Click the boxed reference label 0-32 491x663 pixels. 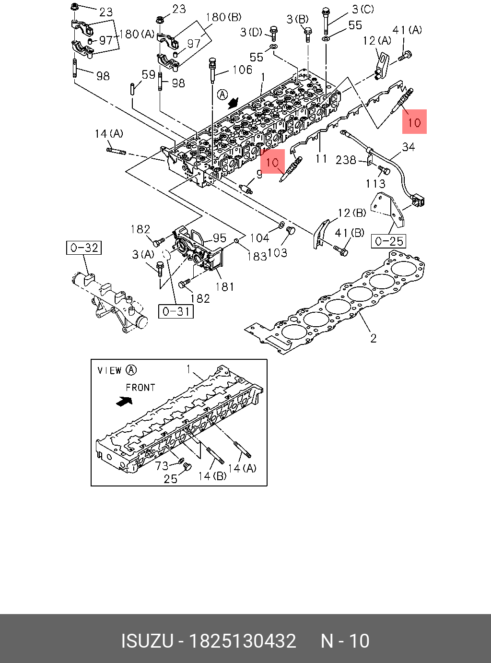click(x=84, y=248)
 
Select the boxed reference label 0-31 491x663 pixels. click(x=176, y=311)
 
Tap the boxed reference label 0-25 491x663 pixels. click(x=389, y=241)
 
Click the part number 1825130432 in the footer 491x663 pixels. click(x=243, y=641)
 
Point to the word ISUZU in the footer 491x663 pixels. click(x=147, y=641)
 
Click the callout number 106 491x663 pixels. click(x=242, y=70)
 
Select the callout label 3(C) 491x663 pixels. click(x=362, y=9)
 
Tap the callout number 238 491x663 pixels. click(x=346, y=160)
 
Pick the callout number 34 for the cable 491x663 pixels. click(x=409, y=147)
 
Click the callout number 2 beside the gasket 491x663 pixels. click(x=374, y=338)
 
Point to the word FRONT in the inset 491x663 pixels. click(x=140, y=387)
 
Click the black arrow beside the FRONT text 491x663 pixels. click(x=124, y=401)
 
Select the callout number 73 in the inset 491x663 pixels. click(x=162, y=465)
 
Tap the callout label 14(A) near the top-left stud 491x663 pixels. click(x=109, y=134)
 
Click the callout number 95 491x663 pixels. click(x=220, y=238)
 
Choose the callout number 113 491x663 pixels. click(x=375, y=183)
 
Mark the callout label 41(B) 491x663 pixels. click(x=350, y=233)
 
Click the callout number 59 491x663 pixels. click(x=149, y=75)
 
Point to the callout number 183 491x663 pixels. click(x=257, y=257)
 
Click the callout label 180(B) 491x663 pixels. click(x=223, y=17)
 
